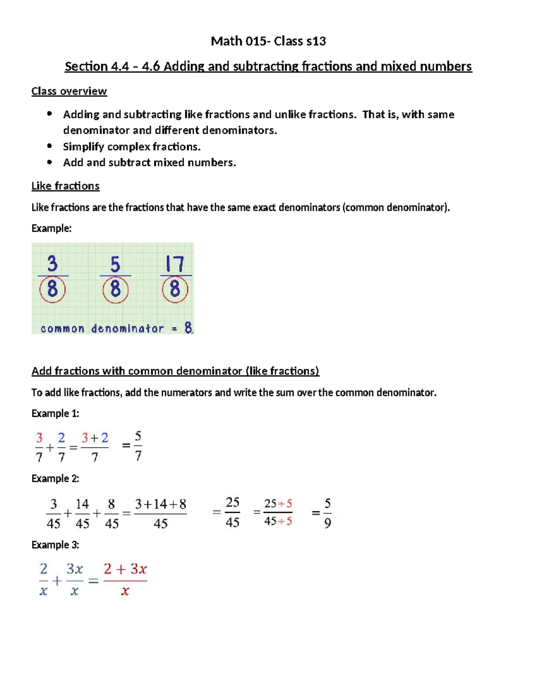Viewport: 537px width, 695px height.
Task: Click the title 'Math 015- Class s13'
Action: click(x=268, y=41)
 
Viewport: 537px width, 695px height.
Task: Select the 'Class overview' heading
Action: click(x=69, y=91)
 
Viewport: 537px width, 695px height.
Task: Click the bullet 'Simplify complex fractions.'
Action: click(x=132, y=147)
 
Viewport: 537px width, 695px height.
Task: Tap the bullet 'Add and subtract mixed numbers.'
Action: click(x=149, y=162)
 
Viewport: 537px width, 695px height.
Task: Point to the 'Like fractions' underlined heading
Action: click(x=65, y=186)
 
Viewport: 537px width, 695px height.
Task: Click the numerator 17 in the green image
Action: click(x=175, y=264)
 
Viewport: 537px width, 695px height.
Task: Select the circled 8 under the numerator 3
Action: click(x=52, y=290)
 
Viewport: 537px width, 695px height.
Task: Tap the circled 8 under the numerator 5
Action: click(x=115, y=290)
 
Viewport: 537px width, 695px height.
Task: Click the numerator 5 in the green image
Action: click(x=115, y=264)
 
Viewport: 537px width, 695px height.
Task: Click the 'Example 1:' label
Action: click(x=55, y=414)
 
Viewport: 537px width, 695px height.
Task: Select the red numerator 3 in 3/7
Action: click(x=39, y=437)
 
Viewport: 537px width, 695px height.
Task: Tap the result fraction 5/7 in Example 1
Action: click(x=138, y=446)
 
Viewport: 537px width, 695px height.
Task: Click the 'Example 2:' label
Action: click(x=55, y=479)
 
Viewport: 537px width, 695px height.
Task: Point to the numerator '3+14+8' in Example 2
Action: click(x=161, y=504)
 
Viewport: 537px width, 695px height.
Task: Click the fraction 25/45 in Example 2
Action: click(x=232, y=512)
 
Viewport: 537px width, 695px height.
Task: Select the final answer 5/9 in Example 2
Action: click(x=328, y=513)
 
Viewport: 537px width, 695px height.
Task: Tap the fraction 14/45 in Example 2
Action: click(x=82, y=514)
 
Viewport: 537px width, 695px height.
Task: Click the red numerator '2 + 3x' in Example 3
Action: click(x=125, y=569)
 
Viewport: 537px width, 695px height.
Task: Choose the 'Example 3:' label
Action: click(x=55, y=545)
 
